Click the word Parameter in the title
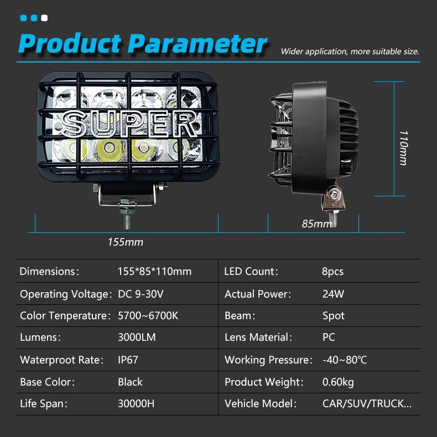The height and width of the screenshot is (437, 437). tap(197, 43)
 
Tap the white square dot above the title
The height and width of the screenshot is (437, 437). tap(44, 18)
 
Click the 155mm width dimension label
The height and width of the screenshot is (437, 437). tap(126, 242)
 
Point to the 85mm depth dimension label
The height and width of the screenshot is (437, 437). tap(317, 223)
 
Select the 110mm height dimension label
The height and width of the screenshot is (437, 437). tap(404, 148)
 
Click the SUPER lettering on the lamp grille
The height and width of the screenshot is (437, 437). tap(129, 124)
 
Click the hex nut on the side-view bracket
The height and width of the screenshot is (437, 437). tap(334, 194)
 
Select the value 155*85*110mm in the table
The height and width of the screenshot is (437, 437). tap(154, 271)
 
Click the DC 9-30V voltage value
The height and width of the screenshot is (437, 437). tap(141, 294)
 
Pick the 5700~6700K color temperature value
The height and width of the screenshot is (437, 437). tap(148, 315)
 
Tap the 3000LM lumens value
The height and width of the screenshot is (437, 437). tap(137, 337)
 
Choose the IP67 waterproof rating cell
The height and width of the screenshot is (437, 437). tap(128, 360)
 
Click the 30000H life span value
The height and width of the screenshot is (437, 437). tap(136, 403)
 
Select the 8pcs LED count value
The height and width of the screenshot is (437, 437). tap(332, 271)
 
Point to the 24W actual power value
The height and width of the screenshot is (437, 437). tap(333, 294)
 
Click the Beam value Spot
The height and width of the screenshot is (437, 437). tap(334, 316)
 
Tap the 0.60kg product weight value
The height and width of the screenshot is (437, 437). tap(338, 382)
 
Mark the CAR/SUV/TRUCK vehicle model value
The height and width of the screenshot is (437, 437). tap(367, 403)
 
